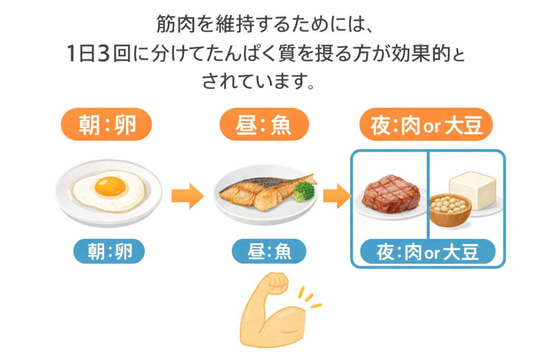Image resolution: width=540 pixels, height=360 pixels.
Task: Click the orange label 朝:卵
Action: [x=108, y=124]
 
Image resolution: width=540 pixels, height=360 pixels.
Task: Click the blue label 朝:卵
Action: [x=109, y=251]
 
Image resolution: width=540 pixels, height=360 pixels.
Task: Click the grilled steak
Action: [x=391, y=194]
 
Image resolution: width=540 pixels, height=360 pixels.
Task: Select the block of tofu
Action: [x=472, y=188]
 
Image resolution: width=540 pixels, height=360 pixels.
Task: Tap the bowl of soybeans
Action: [x=450, y=209]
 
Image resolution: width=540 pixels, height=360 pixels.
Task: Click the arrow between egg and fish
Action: [x=187, y=196]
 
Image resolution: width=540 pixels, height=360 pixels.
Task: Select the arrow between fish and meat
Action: [x=336, y=196]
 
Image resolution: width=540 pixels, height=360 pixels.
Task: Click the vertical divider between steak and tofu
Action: [x=428, y=195]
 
